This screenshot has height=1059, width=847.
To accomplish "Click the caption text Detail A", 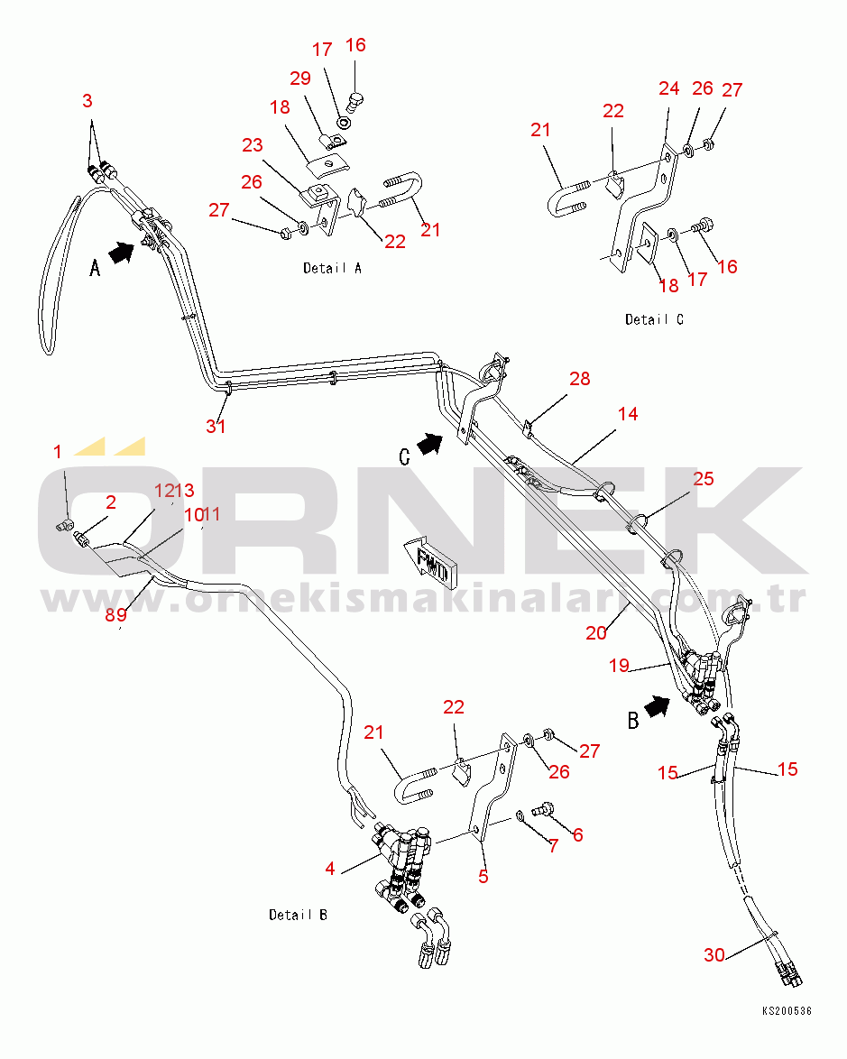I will pyautogui.click(x=332, y=268).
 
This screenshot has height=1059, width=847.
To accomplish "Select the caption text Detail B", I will pyautogui.click(x=298, y=915).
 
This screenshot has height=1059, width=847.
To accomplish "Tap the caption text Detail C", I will pyautogui.click(x=654, y=319).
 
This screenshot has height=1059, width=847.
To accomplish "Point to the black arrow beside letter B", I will pyautogui.click(x=658, y=706).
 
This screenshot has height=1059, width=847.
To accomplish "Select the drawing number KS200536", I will pyautogui.click(x=786, y=1011).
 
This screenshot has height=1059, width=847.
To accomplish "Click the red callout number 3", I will pyautogui.click(x=87, y=101).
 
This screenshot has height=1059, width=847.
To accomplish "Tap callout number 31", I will pyautogui.click(x=216, y=426).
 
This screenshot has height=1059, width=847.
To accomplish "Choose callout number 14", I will pyautogui.click(x=628, y=414).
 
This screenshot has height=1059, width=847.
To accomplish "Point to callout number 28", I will pyautogui.click(x=579, y=379).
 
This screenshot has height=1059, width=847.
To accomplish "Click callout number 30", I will pyautogui.click(x=714, y=954).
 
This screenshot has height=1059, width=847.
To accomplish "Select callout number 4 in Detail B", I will pyautogui.click(x=330, y=869).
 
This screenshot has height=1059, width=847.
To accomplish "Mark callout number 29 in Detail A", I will pyautogui.click(x=299, y=78).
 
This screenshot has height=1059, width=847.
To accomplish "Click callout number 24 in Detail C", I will pyautogui.click(x=668, y=88).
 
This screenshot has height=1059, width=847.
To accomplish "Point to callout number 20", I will pyautogui.click(x=596, y=633).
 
